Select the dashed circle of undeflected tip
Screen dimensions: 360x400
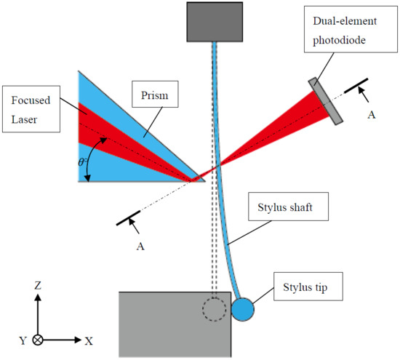coord(213,310)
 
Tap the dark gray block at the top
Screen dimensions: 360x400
coord(214,22)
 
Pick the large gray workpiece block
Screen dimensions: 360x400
coord(175,324)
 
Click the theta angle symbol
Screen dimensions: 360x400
coord(83,162)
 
